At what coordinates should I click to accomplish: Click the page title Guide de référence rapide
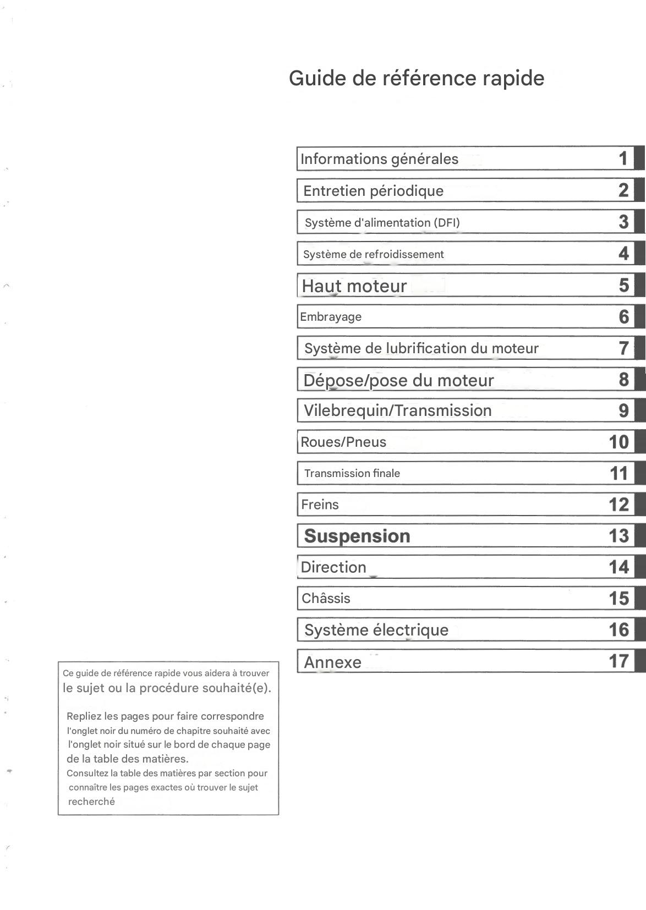point(417,78)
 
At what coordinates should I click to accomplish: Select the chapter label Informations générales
point(379,159)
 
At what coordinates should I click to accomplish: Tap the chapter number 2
point(623,190)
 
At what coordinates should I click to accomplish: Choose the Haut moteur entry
point(354,286)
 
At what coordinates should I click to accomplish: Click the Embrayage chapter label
point(331,317)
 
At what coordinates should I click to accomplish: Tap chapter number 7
point(623,348)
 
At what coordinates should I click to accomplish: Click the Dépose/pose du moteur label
point(398,380)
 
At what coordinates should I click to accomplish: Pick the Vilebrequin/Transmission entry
point(397,410)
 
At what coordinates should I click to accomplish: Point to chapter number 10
point(618,442)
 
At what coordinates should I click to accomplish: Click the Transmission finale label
point(352,473)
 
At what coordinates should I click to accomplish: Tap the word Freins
point(320,505)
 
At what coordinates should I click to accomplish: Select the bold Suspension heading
point(357,536)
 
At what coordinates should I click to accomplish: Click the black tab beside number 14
point(640,567)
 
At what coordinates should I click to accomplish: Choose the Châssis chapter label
point(326,598)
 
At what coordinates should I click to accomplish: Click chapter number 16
point(618,629)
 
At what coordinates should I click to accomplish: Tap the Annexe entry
point(332,662)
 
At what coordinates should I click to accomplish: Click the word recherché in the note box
point(91,802)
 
